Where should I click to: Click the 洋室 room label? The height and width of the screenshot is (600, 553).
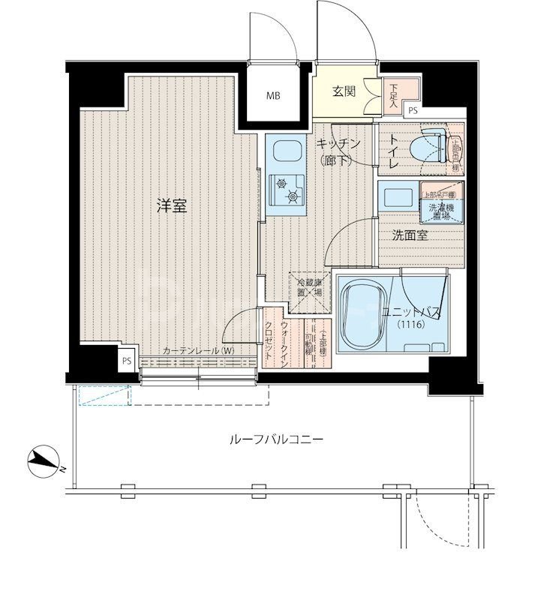171,207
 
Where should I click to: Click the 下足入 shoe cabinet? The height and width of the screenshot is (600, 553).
393,96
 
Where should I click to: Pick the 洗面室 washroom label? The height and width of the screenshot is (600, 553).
410,235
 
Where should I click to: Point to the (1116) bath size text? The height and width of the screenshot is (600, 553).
411,325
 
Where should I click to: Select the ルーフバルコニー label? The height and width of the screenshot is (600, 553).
275,440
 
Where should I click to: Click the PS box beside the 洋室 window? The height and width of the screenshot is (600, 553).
128,359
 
